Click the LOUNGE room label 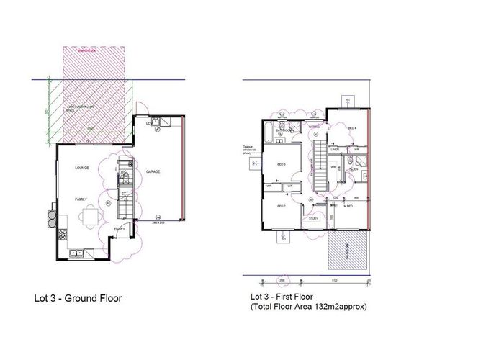pos(81,168)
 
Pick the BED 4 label pos(351,129)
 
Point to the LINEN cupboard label pos(336,150)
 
